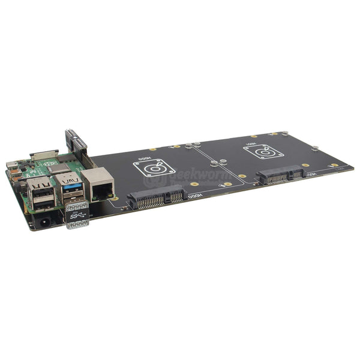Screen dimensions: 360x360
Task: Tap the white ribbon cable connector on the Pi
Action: point(43,155)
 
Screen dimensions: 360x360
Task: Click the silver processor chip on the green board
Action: point(59,169)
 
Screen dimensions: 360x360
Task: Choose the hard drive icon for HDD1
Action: point(264,152)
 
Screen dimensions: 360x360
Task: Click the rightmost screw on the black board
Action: point(314,148)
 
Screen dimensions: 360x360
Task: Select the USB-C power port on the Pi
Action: point(13,166)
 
